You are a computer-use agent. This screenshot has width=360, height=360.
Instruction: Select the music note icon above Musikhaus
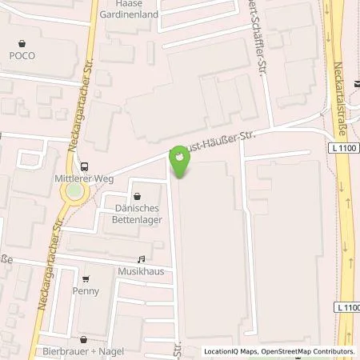pos(142,259)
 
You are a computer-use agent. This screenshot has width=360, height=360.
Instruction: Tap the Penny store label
pos(86,290)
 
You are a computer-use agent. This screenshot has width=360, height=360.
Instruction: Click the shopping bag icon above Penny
pos(86,278)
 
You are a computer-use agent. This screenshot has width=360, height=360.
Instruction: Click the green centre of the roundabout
pos(74,192)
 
